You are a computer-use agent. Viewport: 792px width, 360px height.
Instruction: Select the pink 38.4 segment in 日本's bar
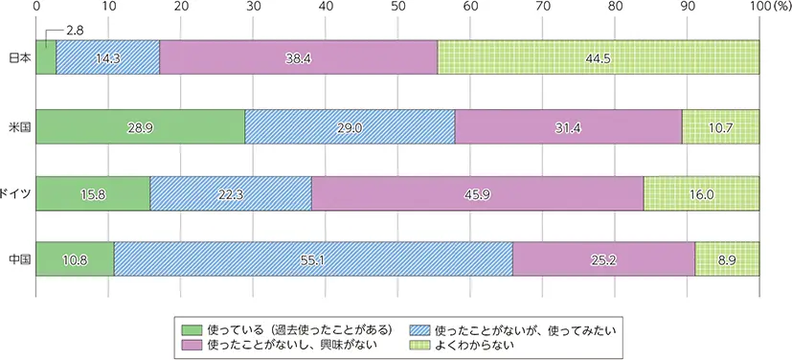click(298, 57)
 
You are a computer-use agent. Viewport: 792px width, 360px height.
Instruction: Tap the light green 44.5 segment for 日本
click(598, 57)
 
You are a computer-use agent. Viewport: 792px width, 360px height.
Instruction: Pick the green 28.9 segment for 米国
click(140, 125)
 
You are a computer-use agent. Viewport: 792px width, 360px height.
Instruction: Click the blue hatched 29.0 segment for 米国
click(350, 125)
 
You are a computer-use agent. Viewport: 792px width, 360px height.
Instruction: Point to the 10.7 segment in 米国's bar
click(720, 125)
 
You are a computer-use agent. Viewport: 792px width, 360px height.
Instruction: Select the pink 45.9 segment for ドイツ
click(477, 192)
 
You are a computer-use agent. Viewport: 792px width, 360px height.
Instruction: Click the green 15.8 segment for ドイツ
click(93, 192)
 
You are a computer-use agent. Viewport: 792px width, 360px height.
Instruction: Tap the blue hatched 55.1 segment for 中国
click(313, 259)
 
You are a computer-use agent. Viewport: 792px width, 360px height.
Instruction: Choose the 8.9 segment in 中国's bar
click(727, 259)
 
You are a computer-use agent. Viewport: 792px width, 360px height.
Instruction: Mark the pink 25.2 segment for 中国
click(603, 259)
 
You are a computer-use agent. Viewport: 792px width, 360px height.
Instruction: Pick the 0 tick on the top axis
click(36, 8)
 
